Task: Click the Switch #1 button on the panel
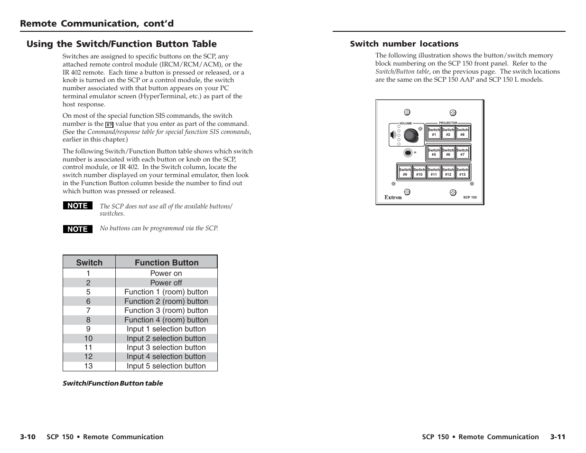[x=434, y=132]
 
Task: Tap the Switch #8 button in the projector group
[x=462, y=132]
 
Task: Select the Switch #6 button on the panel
[x=448, y=152]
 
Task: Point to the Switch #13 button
[x=462, y=172]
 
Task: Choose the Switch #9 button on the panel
[x=405, y=172]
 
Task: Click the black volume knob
[x=411, y=135]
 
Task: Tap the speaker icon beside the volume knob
[x=393, y=134]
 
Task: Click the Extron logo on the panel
[x=393, y=197]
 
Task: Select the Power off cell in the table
[x=166, y=283]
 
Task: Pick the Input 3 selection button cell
[x=166, y=348]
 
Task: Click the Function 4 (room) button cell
[x=166, y=320]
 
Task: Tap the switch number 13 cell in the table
[x=88, y=366]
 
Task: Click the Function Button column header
[x=167, y=262]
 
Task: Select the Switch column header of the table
[x=89, y=262]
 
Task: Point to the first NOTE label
[x=78, y=206]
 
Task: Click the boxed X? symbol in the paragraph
[x=109, y=125]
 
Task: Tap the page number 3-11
[x=558, y=437]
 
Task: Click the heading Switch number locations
[x=404, y=44]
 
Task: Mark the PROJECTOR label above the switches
[x=448, y=123]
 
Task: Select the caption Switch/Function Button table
[x=113, y=383]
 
